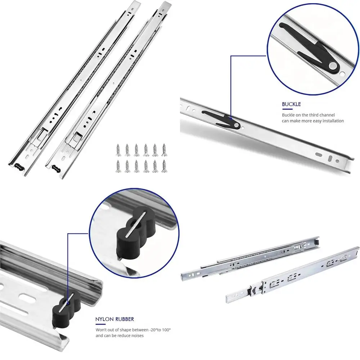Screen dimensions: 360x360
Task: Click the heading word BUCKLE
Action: pos(291,104)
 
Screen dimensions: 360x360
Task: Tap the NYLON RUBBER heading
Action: pos(114,319)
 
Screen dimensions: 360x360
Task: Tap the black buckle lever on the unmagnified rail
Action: pos(221,118)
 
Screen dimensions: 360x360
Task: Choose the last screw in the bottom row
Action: pos(164,166)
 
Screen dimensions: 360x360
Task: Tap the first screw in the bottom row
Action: pos(118,166)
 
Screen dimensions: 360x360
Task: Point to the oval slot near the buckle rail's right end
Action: pos(319,153)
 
